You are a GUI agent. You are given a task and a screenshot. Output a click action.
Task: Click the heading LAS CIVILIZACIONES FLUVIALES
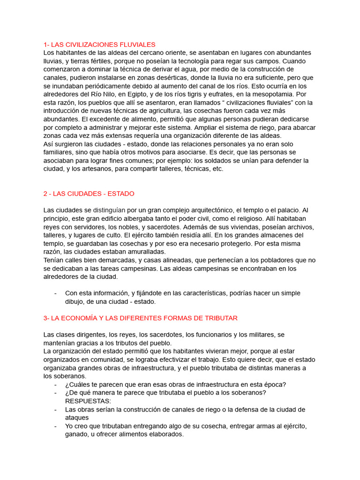point(99,45)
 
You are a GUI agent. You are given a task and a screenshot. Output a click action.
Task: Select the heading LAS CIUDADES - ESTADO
point(89,193)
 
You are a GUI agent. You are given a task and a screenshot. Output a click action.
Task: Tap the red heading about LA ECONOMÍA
point(140,318)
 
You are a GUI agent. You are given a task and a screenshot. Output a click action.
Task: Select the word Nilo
point(104,94)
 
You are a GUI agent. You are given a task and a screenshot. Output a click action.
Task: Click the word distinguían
point(109,210)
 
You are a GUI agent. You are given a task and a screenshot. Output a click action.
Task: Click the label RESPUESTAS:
point(88,401)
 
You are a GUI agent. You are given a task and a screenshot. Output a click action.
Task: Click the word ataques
point(77,417)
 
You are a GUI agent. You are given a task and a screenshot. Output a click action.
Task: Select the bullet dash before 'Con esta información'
point(56,293)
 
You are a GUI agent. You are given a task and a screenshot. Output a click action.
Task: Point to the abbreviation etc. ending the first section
point(218,169)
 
